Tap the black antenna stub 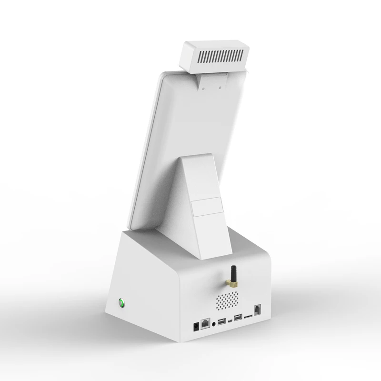coord(233,273)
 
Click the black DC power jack coord(195,328)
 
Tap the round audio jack coord(215,322)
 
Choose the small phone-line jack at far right coord(258,308)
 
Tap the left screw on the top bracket coord(203,88)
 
